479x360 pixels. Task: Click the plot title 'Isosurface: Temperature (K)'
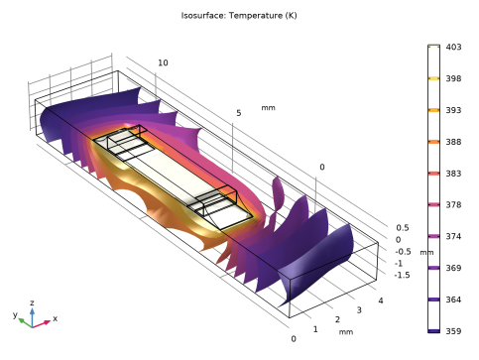point(239,16)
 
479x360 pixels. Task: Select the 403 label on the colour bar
point(453,47)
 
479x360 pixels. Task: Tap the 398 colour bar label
point(453,78)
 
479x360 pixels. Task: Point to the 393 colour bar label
point(453,110)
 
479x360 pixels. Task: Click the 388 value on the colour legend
point(453,142)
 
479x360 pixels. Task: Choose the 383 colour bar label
point(453,174)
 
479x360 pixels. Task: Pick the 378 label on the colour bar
point(453,205)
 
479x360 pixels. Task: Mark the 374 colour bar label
point(453,236)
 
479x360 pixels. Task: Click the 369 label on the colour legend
point(453,268)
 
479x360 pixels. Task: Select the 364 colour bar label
point(453,300)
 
